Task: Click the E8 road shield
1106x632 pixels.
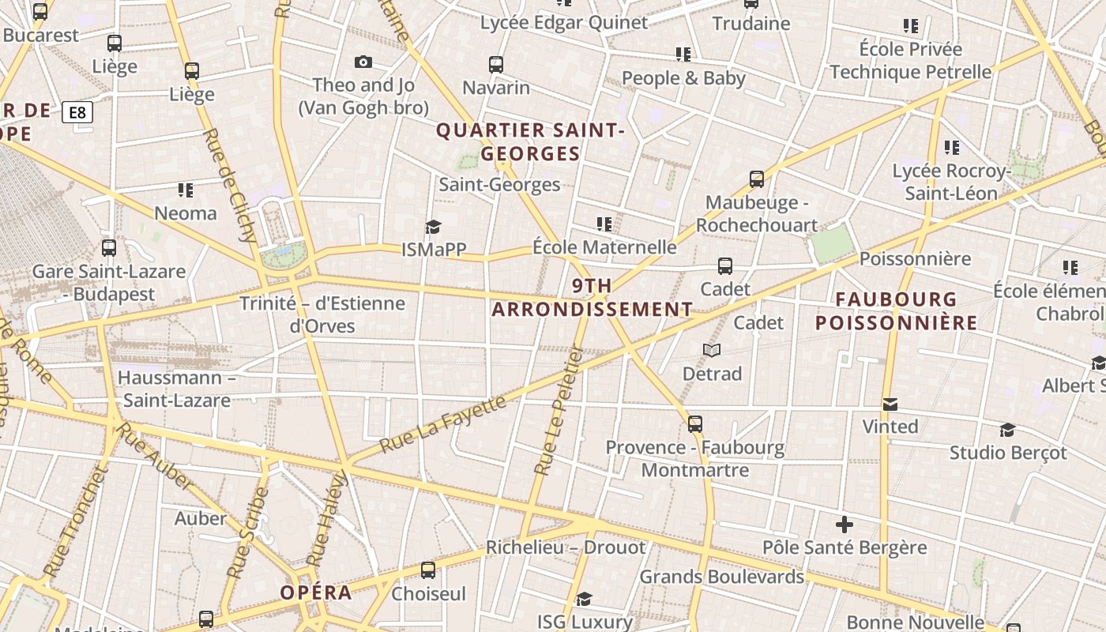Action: point(77,113)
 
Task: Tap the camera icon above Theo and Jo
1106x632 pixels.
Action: point(363,62)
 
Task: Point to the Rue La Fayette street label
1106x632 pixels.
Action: point(442,424)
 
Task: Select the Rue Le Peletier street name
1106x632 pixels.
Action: point(558,411)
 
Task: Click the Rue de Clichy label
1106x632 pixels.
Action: point(230,186)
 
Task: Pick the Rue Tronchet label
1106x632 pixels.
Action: point(75,521)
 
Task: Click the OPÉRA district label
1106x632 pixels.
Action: point(316,592)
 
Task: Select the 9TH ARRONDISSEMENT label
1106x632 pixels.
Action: point(592,298)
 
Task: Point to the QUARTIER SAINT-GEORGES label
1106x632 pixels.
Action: point(531,141)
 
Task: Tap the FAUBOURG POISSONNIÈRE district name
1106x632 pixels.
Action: point(897,311)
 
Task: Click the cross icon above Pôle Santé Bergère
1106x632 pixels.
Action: point(845,524)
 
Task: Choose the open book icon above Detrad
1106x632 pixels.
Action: point(712,349)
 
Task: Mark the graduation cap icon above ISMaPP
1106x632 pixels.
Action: point(433,228)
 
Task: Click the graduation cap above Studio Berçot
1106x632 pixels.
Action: point(1007,430)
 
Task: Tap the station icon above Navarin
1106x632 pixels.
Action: point(496,65)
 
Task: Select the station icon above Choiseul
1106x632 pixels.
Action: point(428,570)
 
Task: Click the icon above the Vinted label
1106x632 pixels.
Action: point(890,404)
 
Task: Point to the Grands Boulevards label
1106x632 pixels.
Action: point(721,577)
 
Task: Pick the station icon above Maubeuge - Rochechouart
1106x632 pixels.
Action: point(757,179)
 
